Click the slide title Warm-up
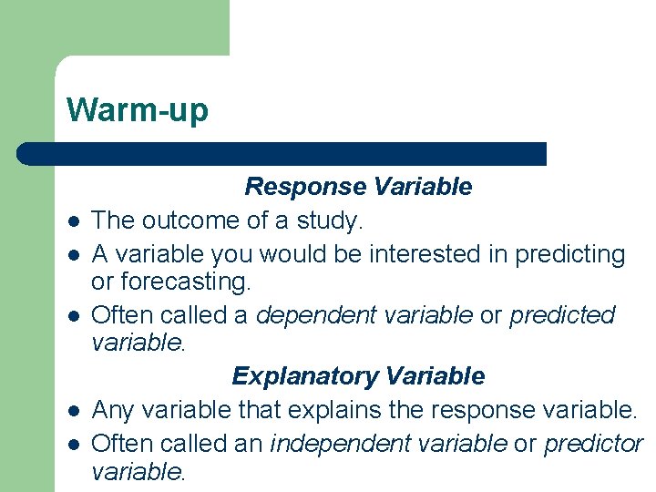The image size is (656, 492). (x=138, y=110)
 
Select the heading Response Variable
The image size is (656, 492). (x=358, y=187)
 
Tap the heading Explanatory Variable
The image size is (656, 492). (x=358, y=376)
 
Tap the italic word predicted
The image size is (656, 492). (x=562, y=315)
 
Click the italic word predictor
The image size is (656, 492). (x=593, y=443)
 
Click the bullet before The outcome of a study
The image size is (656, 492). (x=71, y=222)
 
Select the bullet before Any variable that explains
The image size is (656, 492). (x=71, y=412)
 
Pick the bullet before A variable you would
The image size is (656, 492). (x=71, y=256)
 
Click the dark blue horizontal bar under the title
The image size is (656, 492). (x=282, y=153)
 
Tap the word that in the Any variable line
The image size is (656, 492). (x=260, y=410)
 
